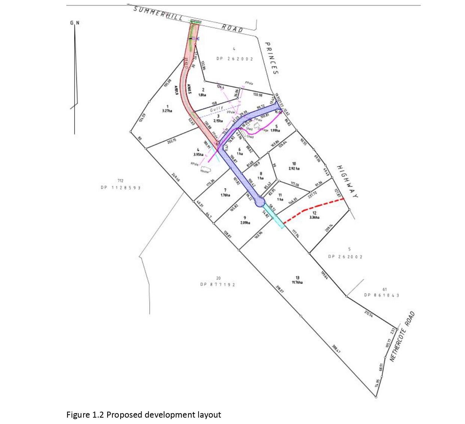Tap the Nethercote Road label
[x=402, y=336]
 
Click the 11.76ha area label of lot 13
[x=297, y=282]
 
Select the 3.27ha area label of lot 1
[x=167, y=111]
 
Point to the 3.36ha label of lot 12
[x=314, y=218]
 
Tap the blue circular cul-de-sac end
[x=260, y=202]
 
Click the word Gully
[x=217, y=109]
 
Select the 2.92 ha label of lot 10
[x=294, y=169]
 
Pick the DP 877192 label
[x=218, y=285]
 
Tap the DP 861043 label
[x=381, y=295]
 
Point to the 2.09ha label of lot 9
[x=245, y=223]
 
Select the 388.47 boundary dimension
[x=336, y=349]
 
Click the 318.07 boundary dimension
[x=280, y=289]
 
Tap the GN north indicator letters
[x=75, y=23]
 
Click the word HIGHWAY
[x=347, y=182]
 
